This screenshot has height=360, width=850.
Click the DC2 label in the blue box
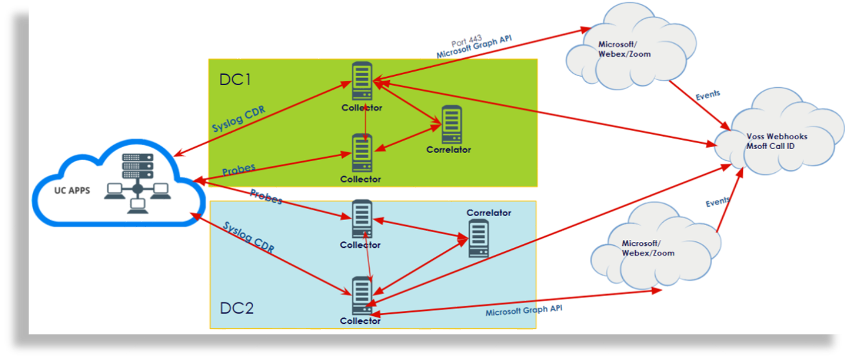coord(236,308)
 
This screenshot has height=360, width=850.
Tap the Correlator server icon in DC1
coord(451,125)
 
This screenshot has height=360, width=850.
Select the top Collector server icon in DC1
coord(362,81)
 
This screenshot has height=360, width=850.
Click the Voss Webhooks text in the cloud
coord(776,137)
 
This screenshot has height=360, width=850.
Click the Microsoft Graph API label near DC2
coord(523,310)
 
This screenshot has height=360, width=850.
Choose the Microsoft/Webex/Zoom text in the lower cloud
coord(647,248)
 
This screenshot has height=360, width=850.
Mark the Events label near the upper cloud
coord(707,95)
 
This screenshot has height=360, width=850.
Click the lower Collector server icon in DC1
coord(361,153)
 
